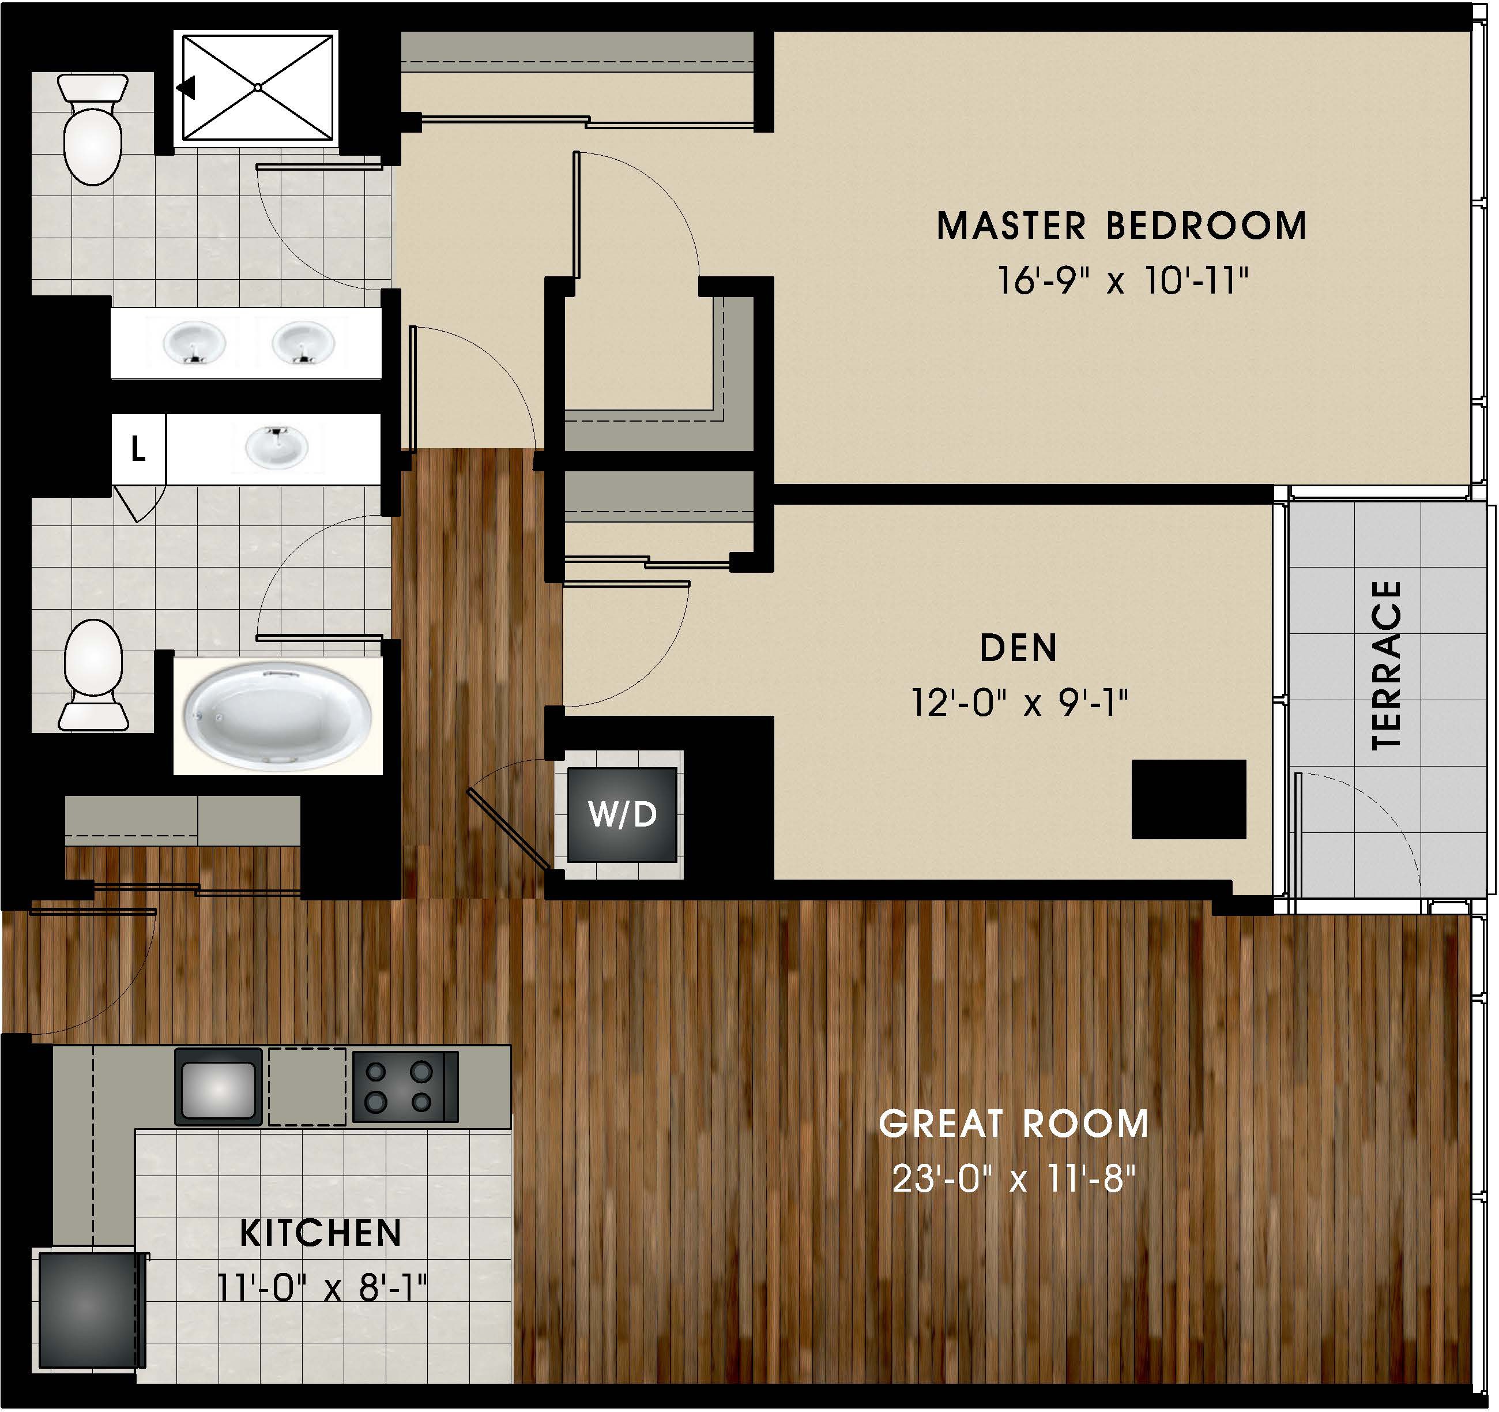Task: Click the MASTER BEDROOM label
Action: [x=1121, y=226]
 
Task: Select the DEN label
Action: [x=1018, y=648]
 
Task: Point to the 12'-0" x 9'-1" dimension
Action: [x=1019, y=703]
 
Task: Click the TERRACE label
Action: [x=1387, y=665]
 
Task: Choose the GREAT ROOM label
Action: [x=1014, y=1124]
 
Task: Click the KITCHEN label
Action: [x=321, y=1233]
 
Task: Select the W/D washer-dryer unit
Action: [x=622, y=814]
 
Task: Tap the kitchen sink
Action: [x=219, y=1086]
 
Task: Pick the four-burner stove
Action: [x=405, y=1086]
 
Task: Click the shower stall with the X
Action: [x=257, y=88]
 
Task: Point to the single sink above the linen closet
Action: [x=276, y=445]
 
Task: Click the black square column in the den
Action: [x=1188, y=799]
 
